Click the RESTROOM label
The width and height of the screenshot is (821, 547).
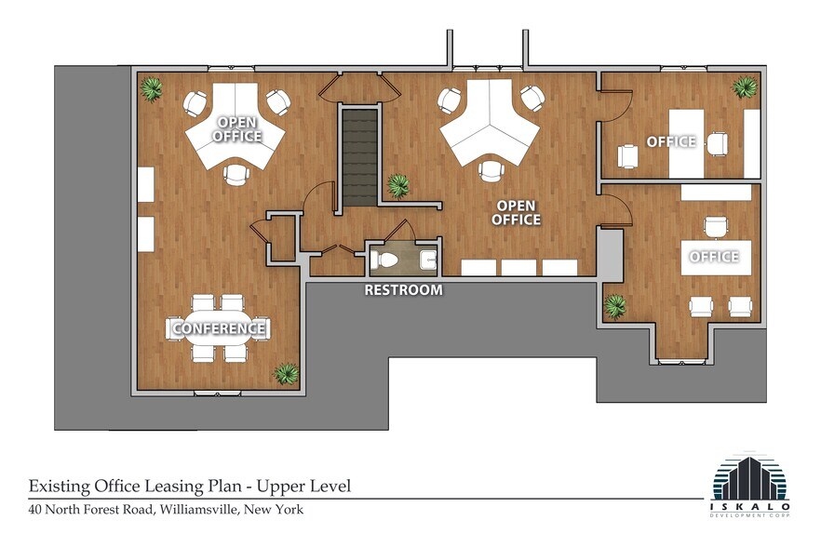[402, 290]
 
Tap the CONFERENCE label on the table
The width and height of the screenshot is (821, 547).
[218, 328]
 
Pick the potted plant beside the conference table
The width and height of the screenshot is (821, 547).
[285, 373]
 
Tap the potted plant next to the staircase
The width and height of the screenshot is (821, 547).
[399, 185]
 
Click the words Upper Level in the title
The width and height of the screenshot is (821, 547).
[303, 486]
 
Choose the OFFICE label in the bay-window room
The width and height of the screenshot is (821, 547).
[713, 256]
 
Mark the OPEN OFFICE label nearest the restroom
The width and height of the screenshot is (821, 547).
[518, 213]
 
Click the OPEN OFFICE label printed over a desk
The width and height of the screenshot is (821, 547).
[236, 129]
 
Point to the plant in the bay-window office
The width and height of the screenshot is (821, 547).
[614, 305]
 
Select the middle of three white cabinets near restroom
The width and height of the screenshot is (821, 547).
[519, 268]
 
